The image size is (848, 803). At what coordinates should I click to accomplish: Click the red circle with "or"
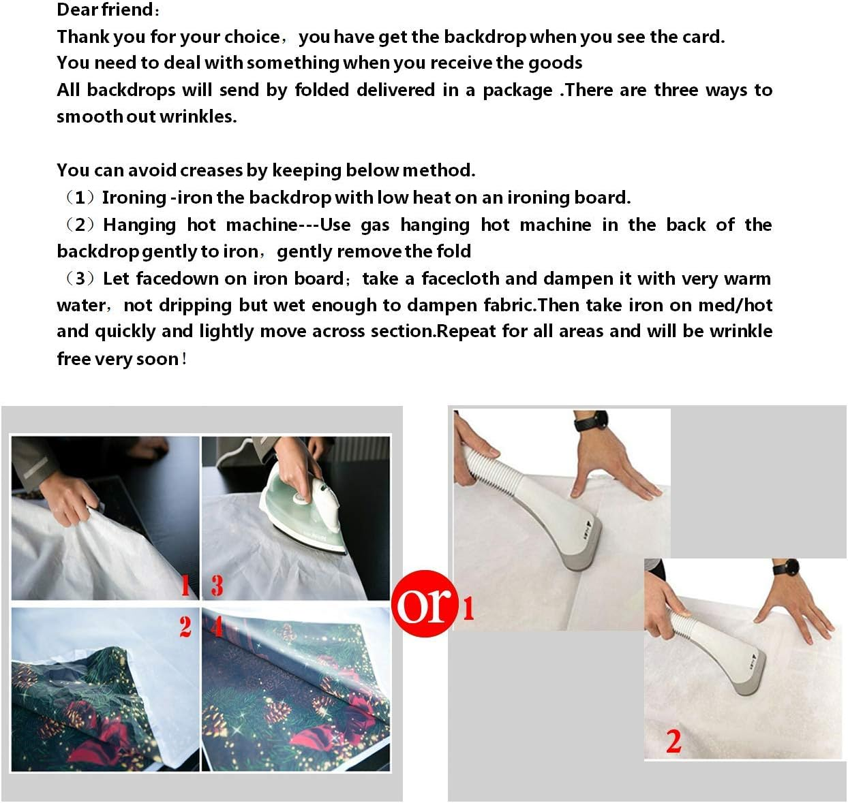click(423, 603)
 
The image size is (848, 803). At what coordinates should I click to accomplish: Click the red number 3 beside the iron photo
click(217, 585)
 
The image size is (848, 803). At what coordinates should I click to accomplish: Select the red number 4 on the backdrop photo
click(217, 625)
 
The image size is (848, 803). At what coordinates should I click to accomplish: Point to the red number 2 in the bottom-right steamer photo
click(673, 742)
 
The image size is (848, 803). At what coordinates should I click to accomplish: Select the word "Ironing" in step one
click(134, 198)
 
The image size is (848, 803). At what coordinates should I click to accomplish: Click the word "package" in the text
click(517, 91)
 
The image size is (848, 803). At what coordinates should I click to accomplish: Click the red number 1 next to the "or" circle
click(468, 608)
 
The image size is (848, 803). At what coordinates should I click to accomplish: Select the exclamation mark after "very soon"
click(184, 359)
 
